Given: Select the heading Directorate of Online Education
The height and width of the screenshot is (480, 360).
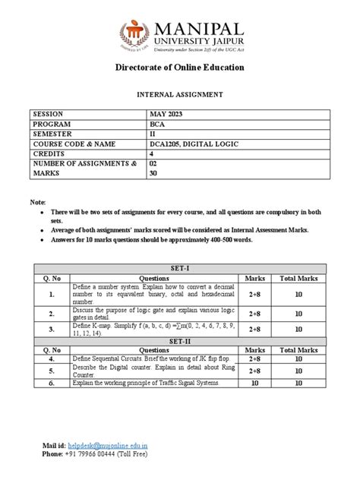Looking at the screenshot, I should pos(179,68).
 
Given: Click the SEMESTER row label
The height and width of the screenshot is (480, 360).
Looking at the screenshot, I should pos(54,133).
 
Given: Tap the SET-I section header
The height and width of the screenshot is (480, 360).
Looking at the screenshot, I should pos(179,268).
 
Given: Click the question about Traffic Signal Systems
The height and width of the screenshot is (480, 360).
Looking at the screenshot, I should pos(147,384).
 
